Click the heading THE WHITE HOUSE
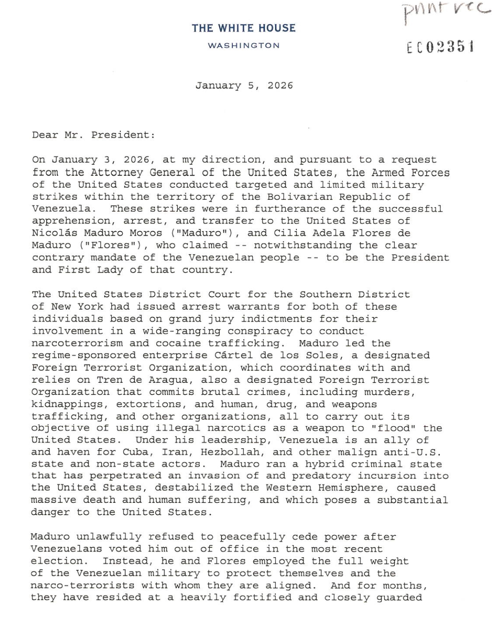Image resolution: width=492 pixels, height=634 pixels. point(243,28)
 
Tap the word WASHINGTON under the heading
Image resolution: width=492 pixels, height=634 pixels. point(243,45)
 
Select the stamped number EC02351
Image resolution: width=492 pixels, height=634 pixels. point(440,47)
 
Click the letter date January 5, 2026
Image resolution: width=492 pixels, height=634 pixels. point(244,85)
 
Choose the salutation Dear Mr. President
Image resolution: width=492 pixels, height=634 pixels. point(93,135)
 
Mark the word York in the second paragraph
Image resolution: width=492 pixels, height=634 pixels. point(90,307)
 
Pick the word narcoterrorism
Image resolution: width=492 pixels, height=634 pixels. point(77,343)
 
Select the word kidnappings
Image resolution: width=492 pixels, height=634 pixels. point(67,404)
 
